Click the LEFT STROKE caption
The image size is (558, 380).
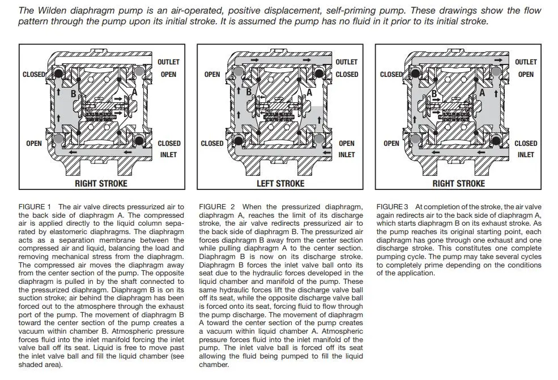280,183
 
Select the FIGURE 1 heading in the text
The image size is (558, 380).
35,207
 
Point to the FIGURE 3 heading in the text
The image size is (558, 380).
392,207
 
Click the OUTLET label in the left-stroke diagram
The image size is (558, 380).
347,62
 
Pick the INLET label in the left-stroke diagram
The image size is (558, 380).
347,154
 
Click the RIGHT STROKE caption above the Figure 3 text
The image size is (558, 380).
458,183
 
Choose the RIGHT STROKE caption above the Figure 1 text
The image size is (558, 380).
101,183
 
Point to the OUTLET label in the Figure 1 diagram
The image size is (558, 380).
169,62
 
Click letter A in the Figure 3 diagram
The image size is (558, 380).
482,92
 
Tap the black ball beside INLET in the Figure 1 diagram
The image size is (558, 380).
140,140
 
